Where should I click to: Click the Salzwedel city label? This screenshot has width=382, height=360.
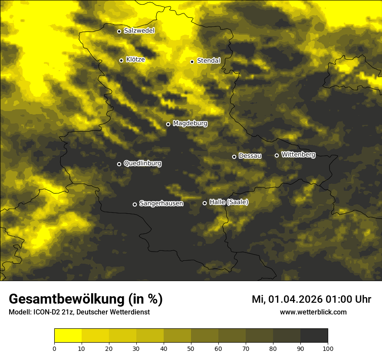(x=139, y=31)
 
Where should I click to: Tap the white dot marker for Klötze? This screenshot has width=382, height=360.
(x=121, y=60)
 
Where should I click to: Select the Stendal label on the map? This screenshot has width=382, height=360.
(x=208, y=61)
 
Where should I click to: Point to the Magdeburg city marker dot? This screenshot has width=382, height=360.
(x=168, y=124)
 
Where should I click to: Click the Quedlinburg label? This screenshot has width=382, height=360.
(x=142, y=164)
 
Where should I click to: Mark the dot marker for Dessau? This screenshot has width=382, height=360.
(x=234, y=157)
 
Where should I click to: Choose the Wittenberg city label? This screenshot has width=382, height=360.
(x=298, y=154)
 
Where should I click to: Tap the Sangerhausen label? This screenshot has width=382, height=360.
(x=161, y=203)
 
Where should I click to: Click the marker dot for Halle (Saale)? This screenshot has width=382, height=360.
(x=204, y=203)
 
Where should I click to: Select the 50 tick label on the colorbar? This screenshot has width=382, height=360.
(x=191, y=348)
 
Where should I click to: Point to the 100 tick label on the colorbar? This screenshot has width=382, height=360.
(x=328, y=348)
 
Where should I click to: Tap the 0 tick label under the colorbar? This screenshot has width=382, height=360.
(x=54, y=348)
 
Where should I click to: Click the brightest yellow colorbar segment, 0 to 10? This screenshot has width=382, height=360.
(x=68, y=336)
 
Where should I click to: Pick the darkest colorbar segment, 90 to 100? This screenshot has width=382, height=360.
(x=314, y=336)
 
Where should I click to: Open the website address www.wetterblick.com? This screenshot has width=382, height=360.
(x=313, y=312)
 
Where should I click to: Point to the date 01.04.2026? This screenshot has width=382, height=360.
(x=295, y=299)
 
